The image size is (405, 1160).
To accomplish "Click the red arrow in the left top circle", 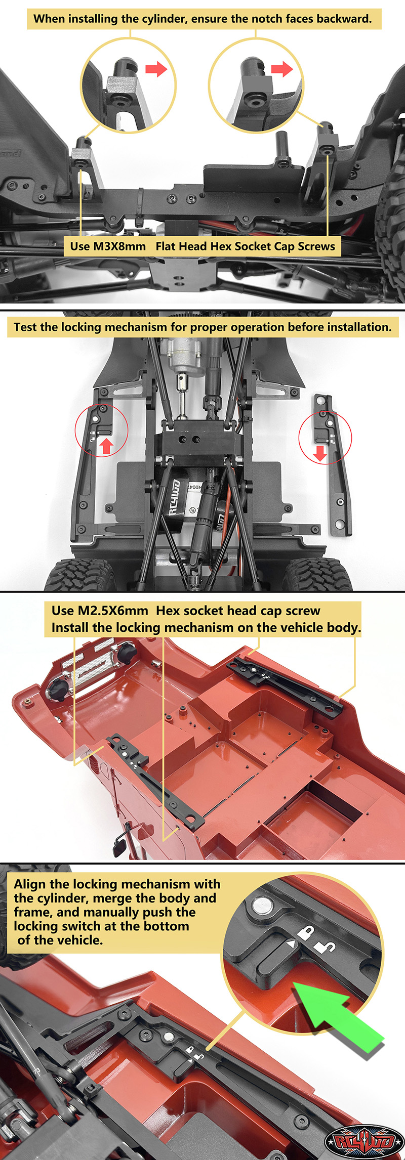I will [156, 68].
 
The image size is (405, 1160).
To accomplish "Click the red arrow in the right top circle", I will [281, 68].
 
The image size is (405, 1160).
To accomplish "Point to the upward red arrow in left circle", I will [106, 446].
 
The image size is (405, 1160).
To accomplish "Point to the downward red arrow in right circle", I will [320, 452].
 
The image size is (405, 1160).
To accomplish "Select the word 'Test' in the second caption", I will [25, 327].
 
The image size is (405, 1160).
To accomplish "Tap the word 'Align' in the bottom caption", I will [30, 884].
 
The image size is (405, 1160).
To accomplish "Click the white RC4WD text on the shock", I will [174, 498].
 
